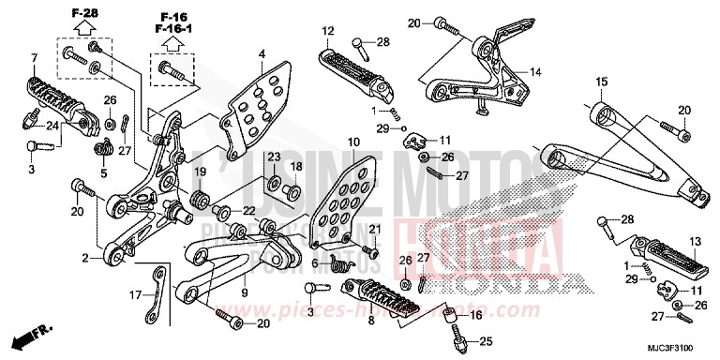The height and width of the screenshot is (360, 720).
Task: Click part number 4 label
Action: [x=262, y=53]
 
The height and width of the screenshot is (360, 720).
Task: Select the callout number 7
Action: [x=34, y=59]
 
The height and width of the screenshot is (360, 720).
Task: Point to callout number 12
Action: [x=327, y=32]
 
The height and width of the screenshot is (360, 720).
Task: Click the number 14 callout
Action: [x=535, y=71]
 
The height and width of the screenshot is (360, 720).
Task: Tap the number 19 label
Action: [x=201, y=172]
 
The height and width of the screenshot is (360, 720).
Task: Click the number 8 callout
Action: [x=372, y=319]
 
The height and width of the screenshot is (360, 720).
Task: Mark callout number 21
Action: [x=372, y=230]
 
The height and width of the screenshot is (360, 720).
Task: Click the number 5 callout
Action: [x=105, y=172]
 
